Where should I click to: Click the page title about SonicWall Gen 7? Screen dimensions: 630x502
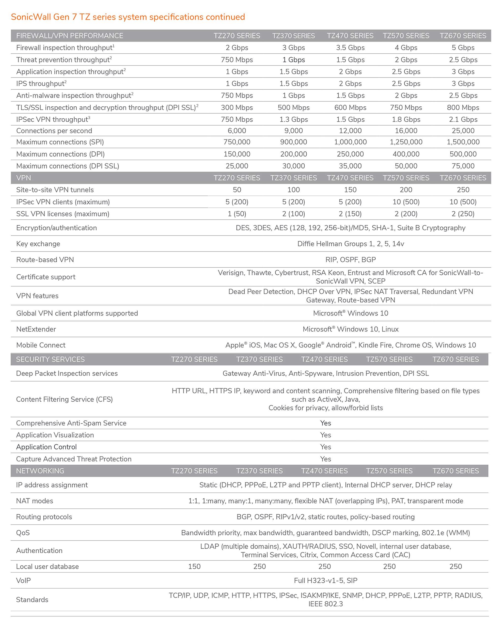tap(128, 17)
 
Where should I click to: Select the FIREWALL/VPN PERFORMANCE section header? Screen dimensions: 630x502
tap(70, 36)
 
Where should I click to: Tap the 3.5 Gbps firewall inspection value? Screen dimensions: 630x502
tap(350, 48)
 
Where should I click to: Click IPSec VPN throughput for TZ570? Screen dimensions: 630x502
tap(406, 120)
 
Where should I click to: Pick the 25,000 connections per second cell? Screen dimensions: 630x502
tap(463, 131)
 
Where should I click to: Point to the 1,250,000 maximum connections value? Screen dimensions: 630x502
tap(406, 142)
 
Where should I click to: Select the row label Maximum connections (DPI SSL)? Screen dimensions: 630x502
tap(67, 166)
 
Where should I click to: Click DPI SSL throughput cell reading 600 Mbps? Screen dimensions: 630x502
tap(350, 108)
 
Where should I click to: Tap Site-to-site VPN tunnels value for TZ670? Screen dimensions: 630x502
tap(463, 190)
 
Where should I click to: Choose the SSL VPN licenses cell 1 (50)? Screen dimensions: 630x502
tap(237, 214)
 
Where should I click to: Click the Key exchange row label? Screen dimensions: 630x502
tap(38, 244)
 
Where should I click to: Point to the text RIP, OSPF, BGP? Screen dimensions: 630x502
tap(350, 259)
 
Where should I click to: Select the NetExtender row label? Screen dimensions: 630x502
tap(36, 329)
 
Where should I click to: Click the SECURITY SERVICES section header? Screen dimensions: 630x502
tap(50, 359)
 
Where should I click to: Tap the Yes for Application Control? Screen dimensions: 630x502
tap(325, 447)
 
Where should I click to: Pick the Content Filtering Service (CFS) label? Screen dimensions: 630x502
tap(64, 399)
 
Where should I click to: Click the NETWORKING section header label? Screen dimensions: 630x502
tap(40, 471)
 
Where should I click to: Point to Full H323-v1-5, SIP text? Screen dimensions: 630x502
tap(325, 580)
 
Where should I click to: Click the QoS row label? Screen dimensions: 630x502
tap(23, 533)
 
